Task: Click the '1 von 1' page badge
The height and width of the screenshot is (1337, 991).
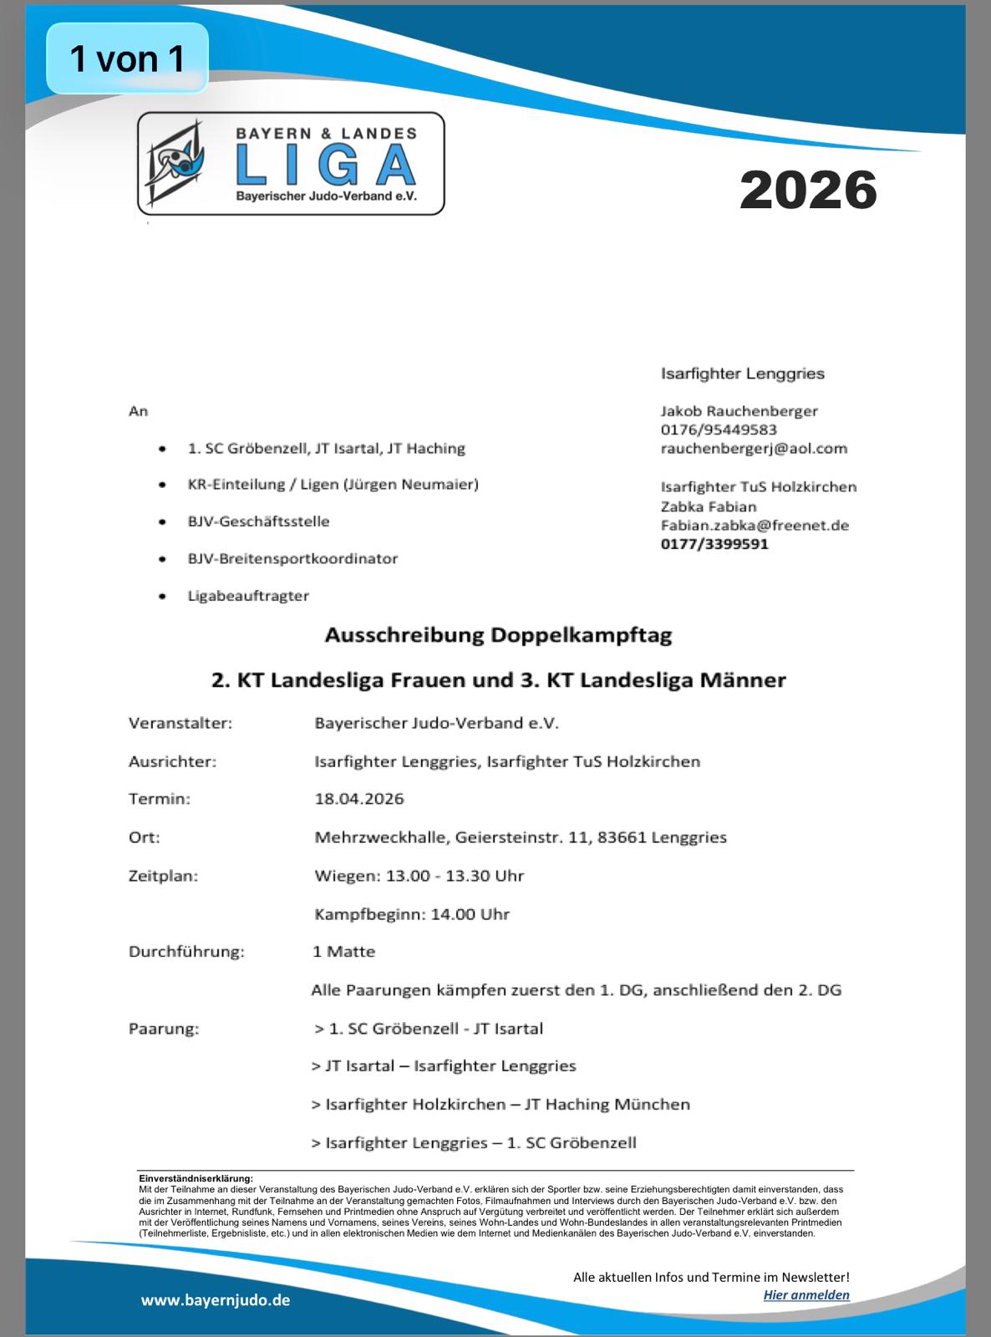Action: click(127, 58)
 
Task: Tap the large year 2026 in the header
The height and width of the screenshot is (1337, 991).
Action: click(808, 191)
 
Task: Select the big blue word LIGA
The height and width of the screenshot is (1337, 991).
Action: click(326, 165)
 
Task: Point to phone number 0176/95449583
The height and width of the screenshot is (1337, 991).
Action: click(719, 430)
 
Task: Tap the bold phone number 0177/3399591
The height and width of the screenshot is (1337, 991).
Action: click(714, 544)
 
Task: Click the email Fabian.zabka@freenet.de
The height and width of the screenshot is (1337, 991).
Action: click(755, 526)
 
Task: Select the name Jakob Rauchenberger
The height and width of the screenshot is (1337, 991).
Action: click(739, 411)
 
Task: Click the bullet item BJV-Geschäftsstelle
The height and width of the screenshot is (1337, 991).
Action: click(258, 521)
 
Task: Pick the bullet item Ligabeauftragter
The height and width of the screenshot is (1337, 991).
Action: click(248, 596)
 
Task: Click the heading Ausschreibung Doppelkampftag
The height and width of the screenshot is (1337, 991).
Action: click(498, 636)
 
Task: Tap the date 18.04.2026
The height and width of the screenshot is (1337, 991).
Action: click(359, 799)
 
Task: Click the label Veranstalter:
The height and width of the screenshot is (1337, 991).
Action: click(180, 724)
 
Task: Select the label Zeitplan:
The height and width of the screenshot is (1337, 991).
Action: click(163, 877)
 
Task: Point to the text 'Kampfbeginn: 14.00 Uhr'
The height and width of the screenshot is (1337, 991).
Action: click(412, 914)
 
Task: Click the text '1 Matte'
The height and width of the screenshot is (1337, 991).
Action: click(344, 952)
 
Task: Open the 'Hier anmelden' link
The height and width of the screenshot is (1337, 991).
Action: click(806, 1295)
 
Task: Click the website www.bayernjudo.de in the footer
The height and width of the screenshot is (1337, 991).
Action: click(216, 1300)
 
